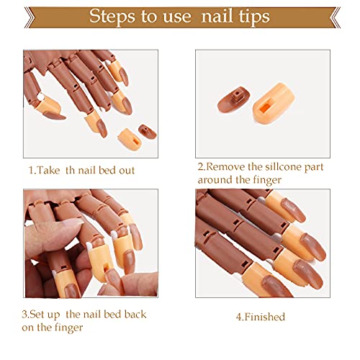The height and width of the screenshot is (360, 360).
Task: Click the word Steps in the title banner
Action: click(x=114, y=17)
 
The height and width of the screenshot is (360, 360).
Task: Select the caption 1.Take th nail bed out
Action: click(x=81, y=170)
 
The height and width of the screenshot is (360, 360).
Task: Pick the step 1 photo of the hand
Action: click(x=91, y=103)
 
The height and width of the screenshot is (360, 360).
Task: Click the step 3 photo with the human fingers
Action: click(x=91, y=243)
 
